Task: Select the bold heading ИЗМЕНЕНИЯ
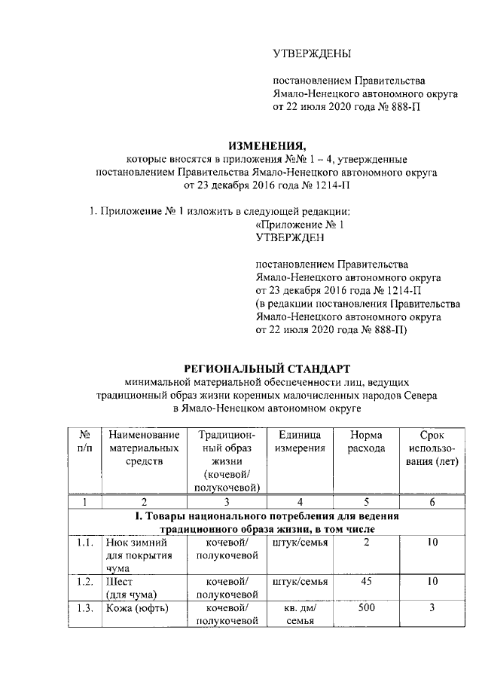[x=268, y=145]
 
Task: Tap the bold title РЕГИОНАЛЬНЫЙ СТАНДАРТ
[x=268, y=369]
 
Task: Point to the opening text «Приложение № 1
[x=300, y=224]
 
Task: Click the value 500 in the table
[x=365, y=608]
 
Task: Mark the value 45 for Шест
[x=365, y=582]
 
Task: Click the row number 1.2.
[x=85, y=582]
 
